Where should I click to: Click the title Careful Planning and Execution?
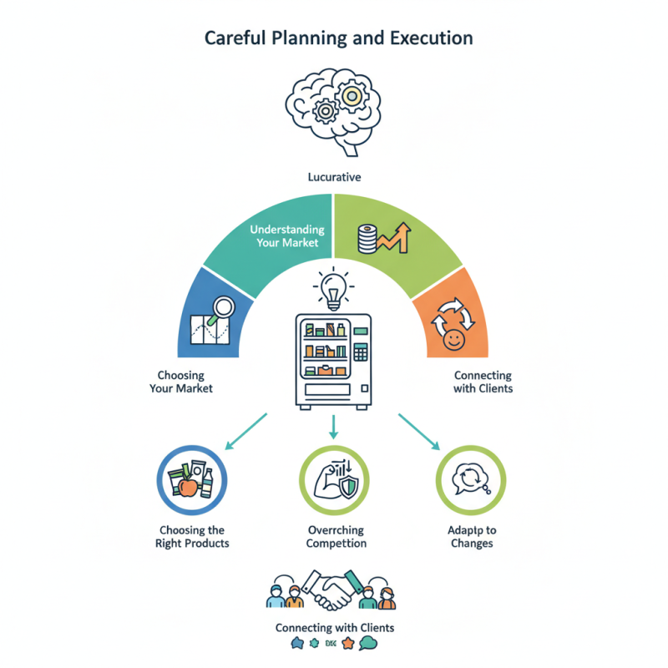(333, 38)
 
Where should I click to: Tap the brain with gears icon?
(333, 109)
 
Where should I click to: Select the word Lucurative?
(333, 177)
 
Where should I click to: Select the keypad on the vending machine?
(361, 352)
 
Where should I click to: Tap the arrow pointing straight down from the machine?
(333, 428)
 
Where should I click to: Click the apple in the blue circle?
(188, 487)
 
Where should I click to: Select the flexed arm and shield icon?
(333, 483)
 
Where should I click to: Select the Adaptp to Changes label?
(470, 537)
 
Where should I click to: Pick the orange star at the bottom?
(347, 644)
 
